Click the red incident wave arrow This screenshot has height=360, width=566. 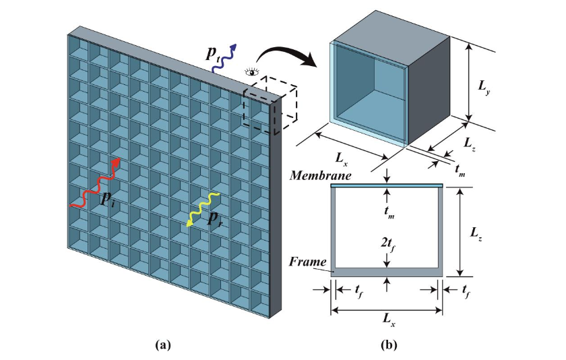pyautogui.click(x=95, y=183)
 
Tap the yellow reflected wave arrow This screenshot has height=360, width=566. pyautogui.click(x=203, y=210)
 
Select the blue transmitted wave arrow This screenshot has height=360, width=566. pyautogui.click(x=224, y=59)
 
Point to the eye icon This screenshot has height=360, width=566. pyautogui.click(x=251, y=72)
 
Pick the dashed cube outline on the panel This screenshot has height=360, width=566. pyautogui.click(x=270, y=104)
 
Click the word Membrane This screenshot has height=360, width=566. pyautogui.click(x=320, y=176)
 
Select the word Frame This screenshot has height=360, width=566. pyautogui.click(x=307, y=262)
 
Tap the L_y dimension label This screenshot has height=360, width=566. pyautogui.click(x=484, y=87)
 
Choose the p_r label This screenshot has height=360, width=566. pyautogui.click(x=215, y=218)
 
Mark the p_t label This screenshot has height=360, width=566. pyautogui.click(x=214, y=53)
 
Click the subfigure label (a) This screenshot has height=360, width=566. pyautogui.click(x=162, y=345)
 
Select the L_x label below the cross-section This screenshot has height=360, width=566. pyautogui.click(x=388, y=320)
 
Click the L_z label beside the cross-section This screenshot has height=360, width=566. pyautogui.click(x=476, y=235)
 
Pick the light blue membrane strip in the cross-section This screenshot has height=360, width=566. pyautogui.click(x=387, y=185)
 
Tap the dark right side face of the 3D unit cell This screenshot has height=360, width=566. pyautogui.click(x=429, y=90)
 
